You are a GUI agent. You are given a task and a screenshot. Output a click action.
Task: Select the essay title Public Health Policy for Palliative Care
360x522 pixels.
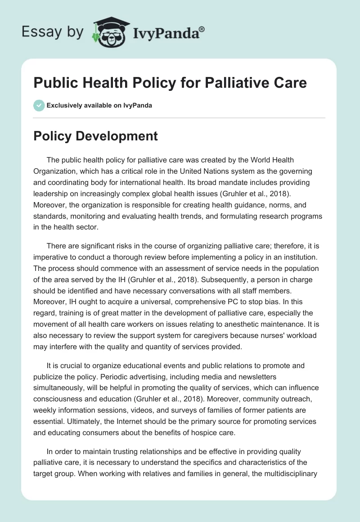click(170, 83)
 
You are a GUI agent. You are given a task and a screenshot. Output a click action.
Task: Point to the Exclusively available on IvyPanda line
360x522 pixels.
click(99, 106)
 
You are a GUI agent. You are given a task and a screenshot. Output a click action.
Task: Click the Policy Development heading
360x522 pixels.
click(95, 136)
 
